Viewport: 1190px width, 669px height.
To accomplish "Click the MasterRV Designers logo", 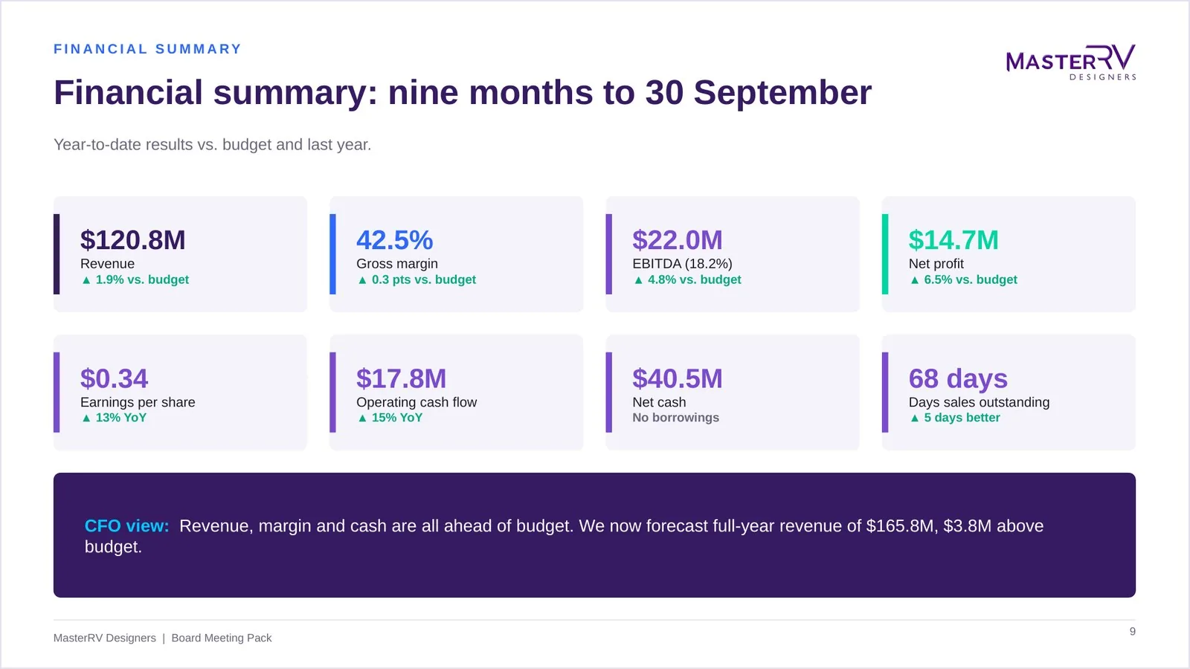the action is [x=1071, y=62].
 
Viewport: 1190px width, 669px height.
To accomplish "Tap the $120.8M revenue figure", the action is [x=133, y=240].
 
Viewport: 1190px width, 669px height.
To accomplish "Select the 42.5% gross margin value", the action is [x=395, y=240].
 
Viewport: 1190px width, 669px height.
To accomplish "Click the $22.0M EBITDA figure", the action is [x=678, y=240].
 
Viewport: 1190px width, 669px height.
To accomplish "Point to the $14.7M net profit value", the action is [x=953, y=240].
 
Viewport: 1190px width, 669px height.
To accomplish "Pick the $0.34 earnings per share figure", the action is [x=115, y=378].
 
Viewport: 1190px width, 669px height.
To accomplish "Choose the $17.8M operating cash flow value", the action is [x=401, y=378].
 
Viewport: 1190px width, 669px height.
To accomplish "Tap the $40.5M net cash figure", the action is [x=678, y=378].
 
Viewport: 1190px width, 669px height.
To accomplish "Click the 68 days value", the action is [x=958, y=378].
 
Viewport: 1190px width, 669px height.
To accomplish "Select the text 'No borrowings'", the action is [x=676, y=418].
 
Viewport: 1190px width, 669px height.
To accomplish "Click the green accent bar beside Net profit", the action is [x=885, y=253].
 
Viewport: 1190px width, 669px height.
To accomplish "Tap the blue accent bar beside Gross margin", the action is [x=332, y=253].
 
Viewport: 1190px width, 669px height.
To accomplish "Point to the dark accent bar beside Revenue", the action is [x=57, y=253].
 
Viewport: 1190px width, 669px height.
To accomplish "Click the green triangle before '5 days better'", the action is [x=914, y=418].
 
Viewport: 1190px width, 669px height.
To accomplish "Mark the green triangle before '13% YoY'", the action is [x=86, y=418].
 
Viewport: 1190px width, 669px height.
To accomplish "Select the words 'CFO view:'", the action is [x=127, y=526].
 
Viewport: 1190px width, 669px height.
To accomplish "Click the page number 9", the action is [x=1133, y=631].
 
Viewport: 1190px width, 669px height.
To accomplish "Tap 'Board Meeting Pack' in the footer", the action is [x=222, y=639].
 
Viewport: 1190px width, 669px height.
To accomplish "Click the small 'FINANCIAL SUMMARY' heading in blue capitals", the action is [x=148, y=49].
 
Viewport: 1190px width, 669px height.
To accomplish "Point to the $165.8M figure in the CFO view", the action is [x=900, y=526].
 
